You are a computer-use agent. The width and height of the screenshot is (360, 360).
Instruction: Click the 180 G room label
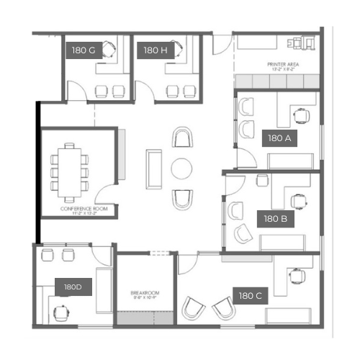click(x=84, y=50)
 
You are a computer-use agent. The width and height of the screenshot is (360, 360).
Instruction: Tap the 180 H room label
click(x=156, y=50)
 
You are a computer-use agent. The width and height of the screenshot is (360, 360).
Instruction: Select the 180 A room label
click(x=279, y=138)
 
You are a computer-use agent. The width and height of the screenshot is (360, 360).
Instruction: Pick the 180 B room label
click(x=276, y=219)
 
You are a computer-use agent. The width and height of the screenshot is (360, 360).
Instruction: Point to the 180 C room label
click(x=251, y=296)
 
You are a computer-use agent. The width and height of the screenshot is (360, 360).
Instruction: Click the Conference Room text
click(x=84, y=210)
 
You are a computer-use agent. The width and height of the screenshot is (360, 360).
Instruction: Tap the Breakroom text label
click(x=145, y=294)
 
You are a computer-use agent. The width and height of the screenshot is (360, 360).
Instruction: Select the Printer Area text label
click(x=283, y=66)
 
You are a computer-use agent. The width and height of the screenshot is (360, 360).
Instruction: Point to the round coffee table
click(x=181, y=168)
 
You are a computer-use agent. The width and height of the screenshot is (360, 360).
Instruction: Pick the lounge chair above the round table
click(x=182, y=138)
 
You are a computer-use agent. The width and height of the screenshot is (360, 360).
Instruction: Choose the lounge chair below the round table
click(x=182, y=199)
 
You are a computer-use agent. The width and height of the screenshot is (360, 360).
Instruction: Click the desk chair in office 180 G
click(x=109, y=50)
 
